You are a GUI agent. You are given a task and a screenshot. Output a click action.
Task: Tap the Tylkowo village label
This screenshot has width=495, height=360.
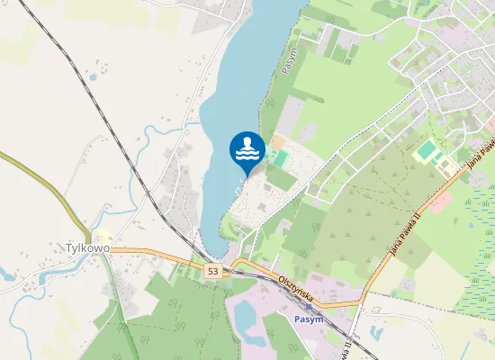(87, 247)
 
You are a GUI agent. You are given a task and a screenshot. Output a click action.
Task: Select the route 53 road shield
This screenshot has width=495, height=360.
(212, 270)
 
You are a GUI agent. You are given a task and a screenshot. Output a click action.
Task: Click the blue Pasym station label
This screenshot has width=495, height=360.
(309, 319)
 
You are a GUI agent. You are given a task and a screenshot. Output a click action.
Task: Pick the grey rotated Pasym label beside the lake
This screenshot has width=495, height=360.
(289, 60)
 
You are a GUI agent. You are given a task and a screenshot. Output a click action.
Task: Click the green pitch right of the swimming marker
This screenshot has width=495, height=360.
(281, 159)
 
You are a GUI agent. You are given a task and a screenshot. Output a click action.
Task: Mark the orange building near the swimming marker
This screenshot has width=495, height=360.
(277, 142)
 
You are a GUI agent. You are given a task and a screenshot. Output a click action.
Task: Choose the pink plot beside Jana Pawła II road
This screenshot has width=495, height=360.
(440, 201)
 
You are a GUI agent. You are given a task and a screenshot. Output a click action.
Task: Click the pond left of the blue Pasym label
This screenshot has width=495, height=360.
(246, 315)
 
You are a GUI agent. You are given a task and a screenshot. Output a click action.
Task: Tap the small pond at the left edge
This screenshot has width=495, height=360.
(7, 274)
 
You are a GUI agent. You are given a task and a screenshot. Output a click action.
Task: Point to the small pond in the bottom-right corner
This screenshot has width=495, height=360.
(375, 334)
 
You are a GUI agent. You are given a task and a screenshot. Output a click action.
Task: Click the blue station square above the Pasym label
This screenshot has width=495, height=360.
(309, 307)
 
